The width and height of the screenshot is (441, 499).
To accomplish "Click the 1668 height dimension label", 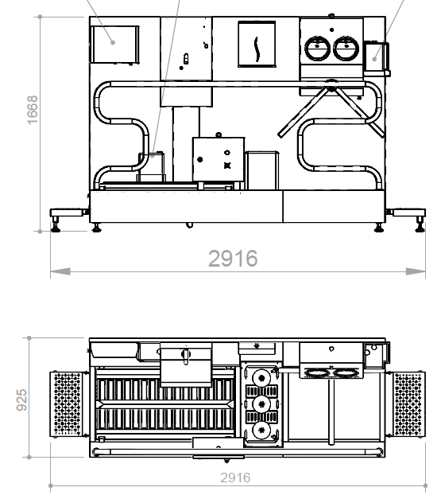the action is [33, 110].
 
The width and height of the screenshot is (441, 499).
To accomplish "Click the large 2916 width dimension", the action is [233, 259].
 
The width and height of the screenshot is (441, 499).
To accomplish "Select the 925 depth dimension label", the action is [22, 400].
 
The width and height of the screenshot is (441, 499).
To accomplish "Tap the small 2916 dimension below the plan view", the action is [235, 478].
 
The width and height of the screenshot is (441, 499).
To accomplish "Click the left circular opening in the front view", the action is [317, 49].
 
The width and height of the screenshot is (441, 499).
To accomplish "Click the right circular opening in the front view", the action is [346, 49].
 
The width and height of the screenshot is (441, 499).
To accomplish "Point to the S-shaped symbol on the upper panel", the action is [257, 49].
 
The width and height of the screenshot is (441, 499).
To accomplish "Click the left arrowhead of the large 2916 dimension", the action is [60, 271].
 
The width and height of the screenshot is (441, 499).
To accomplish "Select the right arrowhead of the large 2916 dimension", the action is [416, 271].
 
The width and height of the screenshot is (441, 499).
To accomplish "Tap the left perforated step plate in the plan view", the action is [66, 404].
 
